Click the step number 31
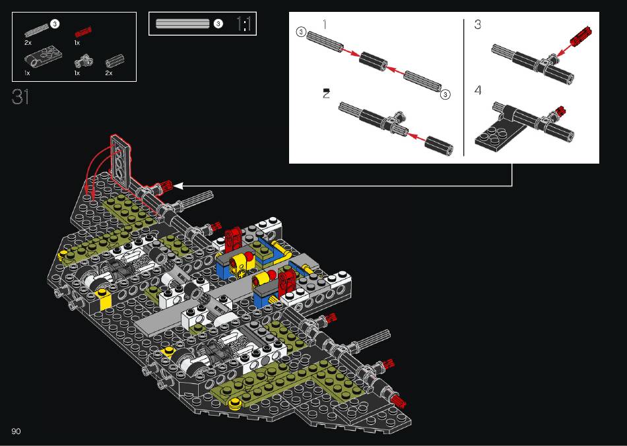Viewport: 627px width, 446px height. [20, 97]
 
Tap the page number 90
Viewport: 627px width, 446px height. [16, 431]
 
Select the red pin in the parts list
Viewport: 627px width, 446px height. [83, 32]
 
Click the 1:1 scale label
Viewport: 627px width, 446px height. [244, 24]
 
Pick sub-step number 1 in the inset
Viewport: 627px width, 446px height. [325, 24]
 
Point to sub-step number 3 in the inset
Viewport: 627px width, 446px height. [477, 24]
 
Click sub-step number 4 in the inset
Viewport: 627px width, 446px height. [478, 90]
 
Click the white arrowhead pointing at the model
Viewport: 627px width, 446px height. [178, 186]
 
